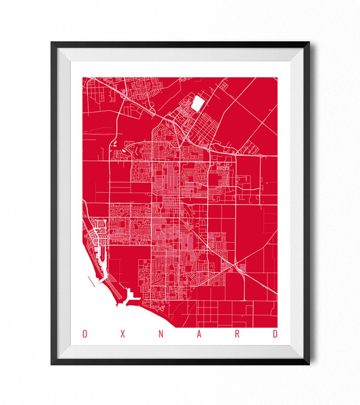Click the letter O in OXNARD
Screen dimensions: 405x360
coord(85,334)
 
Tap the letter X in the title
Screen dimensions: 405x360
coord(123,334)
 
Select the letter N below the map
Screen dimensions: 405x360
coord(161,334)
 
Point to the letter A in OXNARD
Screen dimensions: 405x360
coord(199,334)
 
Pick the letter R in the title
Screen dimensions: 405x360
coord(237,334)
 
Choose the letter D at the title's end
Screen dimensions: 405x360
coord(275,334)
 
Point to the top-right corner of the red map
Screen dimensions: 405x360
coord(277,78)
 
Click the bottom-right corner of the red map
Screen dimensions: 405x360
coord(277,327)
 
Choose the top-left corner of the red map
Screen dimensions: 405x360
coord(83,78)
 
